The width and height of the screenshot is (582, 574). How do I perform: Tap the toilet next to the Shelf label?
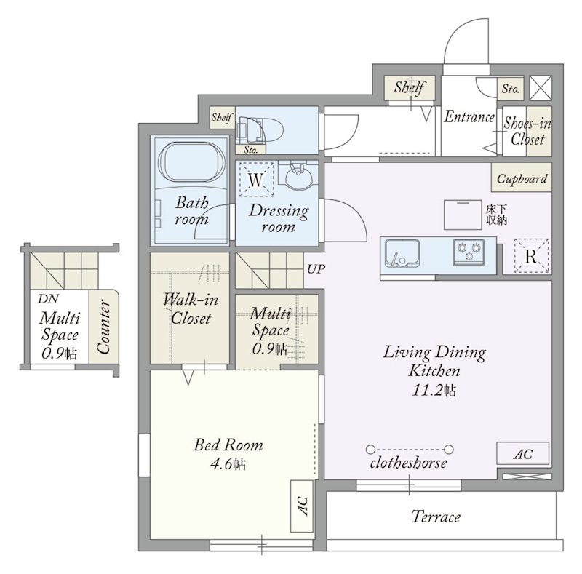[260, 131]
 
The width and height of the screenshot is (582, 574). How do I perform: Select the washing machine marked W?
[256, 180]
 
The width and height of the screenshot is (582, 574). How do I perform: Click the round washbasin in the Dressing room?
[299, 178]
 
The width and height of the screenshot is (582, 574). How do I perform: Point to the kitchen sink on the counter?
[402, 254]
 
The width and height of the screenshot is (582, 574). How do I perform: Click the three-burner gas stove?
[469, 252]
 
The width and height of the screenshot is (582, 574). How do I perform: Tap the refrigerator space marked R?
[531, 256]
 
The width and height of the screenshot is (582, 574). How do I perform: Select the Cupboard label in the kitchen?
[522, 179]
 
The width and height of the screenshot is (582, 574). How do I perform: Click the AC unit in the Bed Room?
[302, 506]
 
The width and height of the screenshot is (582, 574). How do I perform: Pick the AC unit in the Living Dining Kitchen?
[522, 453]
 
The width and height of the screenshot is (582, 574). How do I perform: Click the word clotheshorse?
[408, 463]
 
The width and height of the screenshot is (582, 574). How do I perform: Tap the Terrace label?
[436, 517]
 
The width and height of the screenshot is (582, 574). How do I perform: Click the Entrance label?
[469, 117]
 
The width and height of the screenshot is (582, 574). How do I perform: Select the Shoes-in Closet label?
[527, 131]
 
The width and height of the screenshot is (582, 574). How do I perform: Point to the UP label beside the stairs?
[316, 268]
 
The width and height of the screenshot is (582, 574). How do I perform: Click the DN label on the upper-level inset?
[48, 298]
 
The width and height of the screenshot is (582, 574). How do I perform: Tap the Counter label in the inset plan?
[103, 327]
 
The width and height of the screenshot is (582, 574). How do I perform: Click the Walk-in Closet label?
[191, 308]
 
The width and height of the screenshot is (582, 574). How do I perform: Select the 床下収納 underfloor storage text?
[496, 215]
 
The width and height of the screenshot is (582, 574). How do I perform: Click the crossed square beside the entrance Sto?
[541, 88]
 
